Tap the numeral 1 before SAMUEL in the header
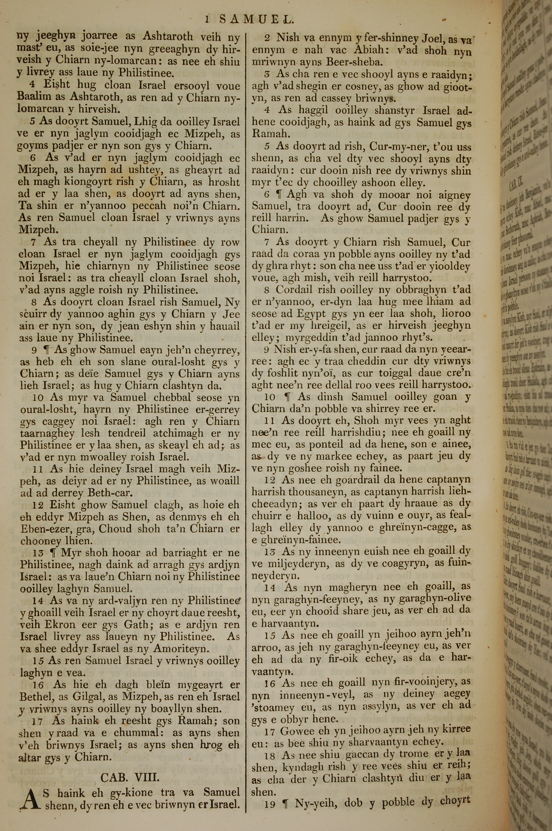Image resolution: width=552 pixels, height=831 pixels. [208, 20]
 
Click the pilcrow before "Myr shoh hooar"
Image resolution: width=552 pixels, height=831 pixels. [55, 553]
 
